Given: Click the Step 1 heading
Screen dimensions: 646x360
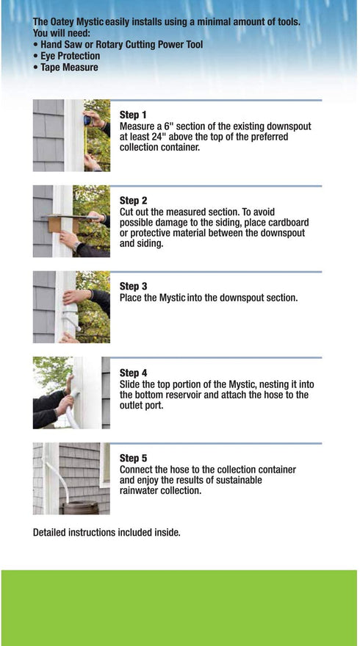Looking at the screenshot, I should [133, 115].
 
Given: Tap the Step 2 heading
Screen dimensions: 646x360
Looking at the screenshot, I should [133, 201].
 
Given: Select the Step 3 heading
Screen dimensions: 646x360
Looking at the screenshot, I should [133, 287].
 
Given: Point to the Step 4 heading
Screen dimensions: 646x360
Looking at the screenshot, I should [133, 373].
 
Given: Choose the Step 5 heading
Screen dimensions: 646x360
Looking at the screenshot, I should [133, 459].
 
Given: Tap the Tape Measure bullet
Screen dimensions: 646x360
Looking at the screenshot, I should [65, 68].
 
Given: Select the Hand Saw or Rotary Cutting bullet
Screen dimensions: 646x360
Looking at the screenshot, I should [118, 45].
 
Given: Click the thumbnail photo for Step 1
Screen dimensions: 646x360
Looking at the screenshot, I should [71, 136].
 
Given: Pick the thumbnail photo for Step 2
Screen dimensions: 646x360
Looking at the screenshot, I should [71, 221].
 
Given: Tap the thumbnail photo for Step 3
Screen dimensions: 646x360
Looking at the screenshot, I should [71, 307].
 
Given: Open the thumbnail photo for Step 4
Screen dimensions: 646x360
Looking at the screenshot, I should [71, 393].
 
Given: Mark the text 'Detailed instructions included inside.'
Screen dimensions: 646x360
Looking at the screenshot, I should [107, 531].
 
